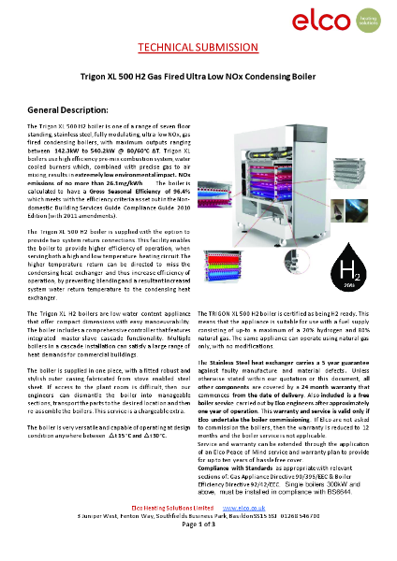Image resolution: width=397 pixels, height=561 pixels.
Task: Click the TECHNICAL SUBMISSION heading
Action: click(x=198, y=47)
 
